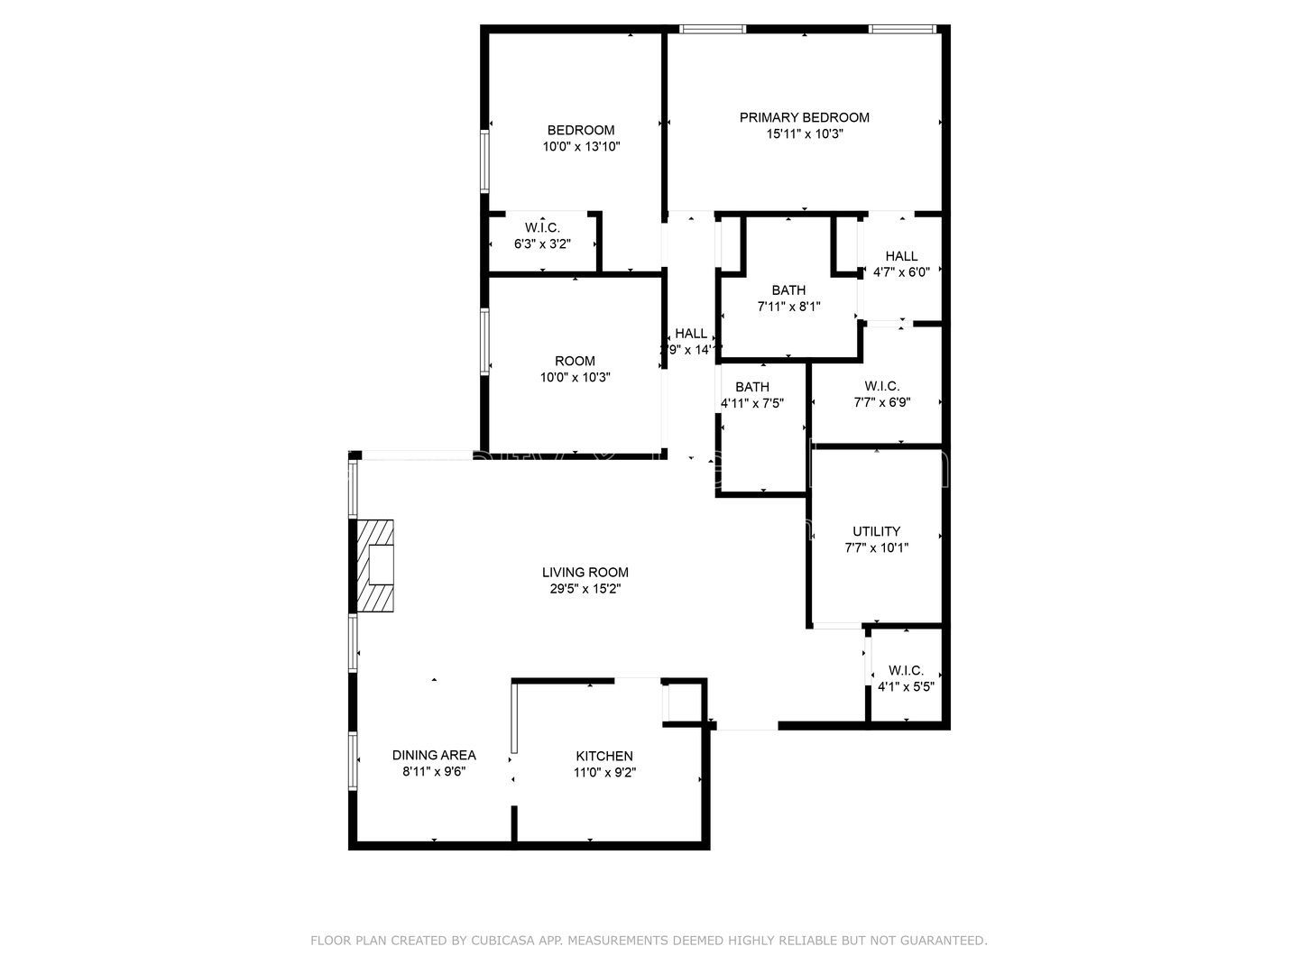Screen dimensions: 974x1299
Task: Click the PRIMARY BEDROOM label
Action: [x=804, y=117]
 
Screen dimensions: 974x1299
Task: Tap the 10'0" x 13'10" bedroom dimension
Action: [x=581, y=146]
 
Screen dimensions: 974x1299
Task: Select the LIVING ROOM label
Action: [x=585, y=572]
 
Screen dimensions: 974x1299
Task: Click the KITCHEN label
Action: [x=604, y=756]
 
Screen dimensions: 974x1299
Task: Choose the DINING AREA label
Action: [x=433, y=755]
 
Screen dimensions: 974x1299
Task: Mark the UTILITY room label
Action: [x=876, y=531]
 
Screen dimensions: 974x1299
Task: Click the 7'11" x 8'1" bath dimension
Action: [x=788, y=307]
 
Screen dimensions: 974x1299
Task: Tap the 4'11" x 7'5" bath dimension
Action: [x=751, y=403]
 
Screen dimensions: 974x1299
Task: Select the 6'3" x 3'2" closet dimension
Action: [x=542, y=243]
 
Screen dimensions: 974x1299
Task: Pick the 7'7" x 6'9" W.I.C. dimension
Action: [x=881, y=402]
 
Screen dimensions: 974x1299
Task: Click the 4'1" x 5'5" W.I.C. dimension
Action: [x=906, y=686]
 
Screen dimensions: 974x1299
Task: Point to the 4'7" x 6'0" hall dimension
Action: [x=901, y=272]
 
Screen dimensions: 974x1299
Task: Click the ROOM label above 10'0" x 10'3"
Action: [x=575, y=361]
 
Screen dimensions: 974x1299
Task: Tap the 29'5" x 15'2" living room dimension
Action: [x=585, y=588]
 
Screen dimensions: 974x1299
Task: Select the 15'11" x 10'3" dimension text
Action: [x=804, y=133]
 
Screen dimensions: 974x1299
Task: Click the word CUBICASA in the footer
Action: [x=502, y=941]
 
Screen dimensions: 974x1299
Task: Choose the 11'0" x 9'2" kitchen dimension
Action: [x=604, y=772]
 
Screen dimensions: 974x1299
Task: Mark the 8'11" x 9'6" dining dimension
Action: [x=433, y=771]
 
